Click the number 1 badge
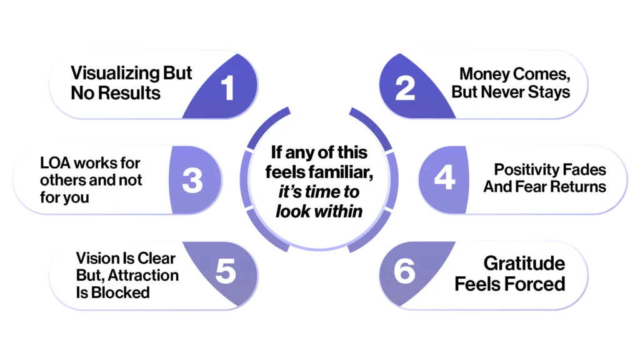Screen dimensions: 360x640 pyautogui.click(x=228, y=87)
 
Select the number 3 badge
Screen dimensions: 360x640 pyautogui.click(x=192, y=180)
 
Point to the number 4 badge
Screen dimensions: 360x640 pyautogui.click(x=444, y=179)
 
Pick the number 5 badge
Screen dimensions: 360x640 pyautogui.click(x=225, y=272)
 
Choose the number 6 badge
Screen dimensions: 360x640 pyautogui.click(x=405, y=272)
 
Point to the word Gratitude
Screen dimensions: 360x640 pyautogui.click(x=524, y=263)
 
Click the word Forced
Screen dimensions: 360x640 pyautogui.click(x=536, y=284)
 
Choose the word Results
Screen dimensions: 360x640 pyautogui.click(x=132, y=94)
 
